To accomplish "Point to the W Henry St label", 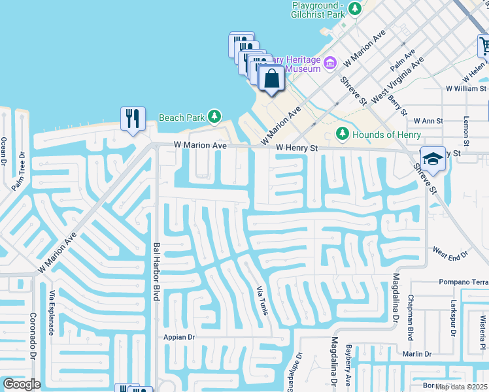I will (296, 148).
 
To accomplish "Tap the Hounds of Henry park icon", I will (342, 134).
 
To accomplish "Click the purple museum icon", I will (330, 63).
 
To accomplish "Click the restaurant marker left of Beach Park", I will (133, 118).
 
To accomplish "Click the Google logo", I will (22, 384).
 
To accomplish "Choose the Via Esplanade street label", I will (50, 312).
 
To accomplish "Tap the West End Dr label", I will (451, 252).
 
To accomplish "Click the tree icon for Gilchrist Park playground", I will (354, 8).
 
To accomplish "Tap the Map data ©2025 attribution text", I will (462, 386).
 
